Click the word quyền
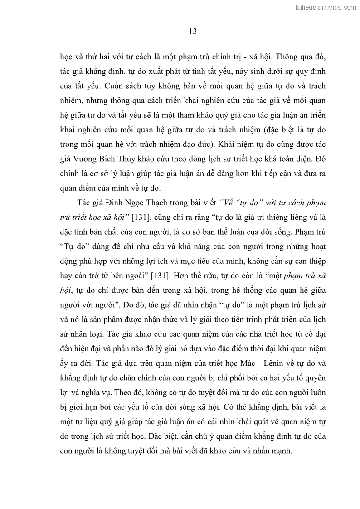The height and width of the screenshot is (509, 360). (x=315, y=379)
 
